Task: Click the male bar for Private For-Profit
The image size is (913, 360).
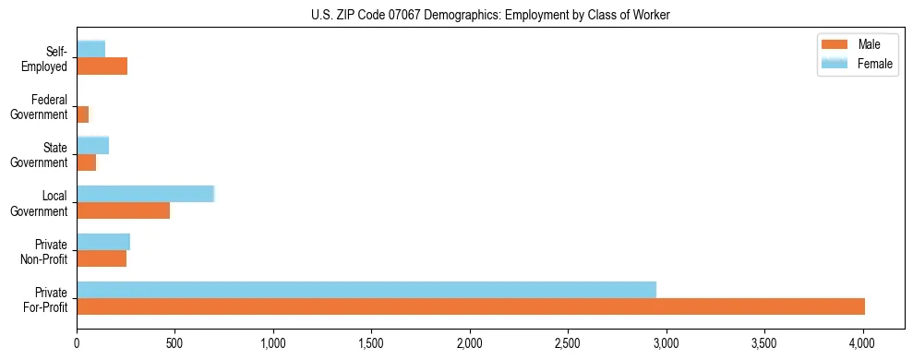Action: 471,306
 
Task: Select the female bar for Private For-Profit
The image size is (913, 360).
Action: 366,289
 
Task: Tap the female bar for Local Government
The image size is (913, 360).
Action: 145,193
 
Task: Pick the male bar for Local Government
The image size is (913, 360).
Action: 123,210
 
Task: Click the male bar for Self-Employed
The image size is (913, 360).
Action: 102,66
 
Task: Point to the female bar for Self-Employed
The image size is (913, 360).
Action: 90,49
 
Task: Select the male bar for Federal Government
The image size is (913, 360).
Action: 82,114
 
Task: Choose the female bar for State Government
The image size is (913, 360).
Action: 92,145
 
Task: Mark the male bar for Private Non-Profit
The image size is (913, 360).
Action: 102,258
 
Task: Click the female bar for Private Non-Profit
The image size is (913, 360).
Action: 103,241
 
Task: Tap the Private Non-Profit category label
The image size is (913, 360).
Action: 45,251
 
